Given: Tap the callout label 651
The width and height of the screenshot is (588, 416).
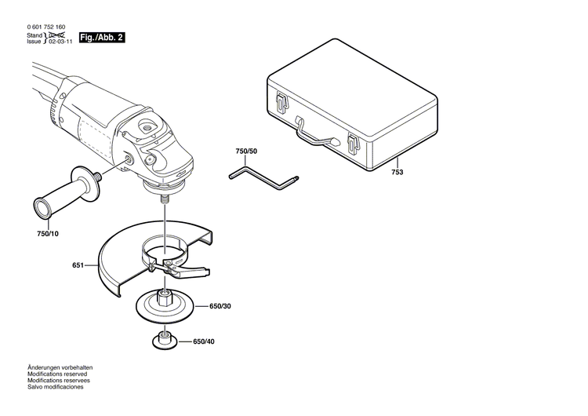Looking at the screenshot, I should (78, 266).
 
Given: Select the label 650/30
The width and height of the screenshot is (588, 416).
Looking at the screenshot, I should (220, 306).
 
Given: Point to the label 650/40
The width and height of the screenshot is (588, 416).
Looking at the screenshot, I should (204, 341).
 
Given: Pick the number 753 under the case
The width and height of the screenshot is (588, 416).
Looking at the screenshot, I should (398, 172).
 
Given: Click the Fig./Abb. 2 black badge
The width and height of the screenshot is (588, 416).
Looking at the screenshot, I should (103, 38).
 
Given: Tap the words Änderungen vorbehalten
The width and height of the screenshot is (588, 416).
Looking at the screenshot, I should (60, 367).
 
